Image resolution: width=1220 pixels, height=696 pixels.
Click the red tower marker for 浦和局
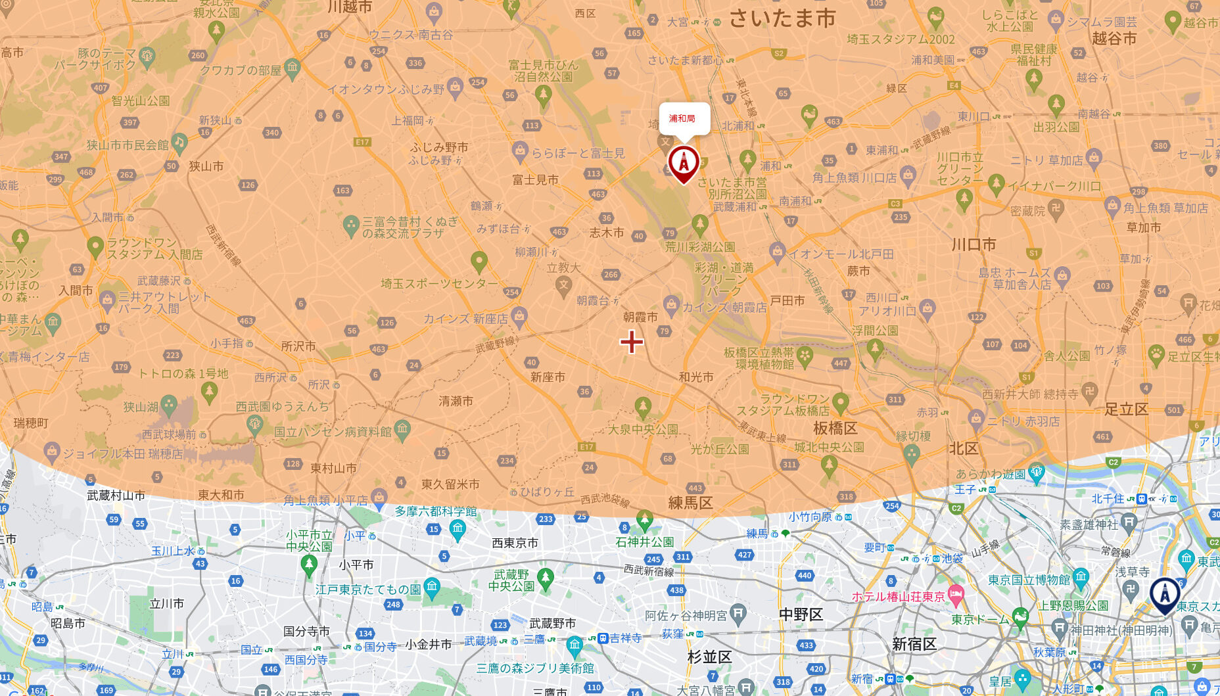(x=684, y=162)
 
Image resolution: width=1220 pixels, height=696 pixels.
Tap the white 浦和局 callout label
(x=684, y=118)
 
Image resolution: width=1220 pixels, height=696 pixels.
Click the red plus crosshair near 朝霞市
(x=632, y=341)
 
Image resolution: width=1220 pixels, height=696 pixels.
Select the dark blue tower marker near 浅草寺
(x=1165, y=595)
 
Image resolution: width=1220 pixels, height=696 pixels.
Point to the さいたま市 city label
(x=782, y=18)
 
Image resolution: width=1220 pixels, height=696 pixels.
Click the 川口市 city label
(x=974, y=244)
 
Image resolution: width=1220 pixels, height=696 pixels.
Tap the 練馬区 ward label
(x=690, y=503)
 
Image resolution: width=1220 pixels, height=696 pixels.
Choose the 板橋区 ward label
(x=835, y=429)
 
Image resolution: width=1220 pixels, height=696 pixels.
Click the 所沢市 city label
(x=298, y=346)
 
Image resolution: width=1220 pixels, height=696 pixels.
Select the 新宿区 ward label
(x=914, y=644)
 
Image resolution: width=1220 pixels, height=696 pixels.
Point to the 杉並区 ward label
(x=709, y=657)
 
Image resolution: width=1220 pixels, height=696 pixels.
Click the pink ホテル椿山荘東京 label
(x=898, y=597)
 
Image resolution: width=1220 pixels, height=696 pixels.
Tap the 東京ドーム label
(x=979, y=619)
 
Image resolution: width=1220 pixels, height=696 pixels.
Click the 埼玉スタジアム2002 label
(x=901, y=39)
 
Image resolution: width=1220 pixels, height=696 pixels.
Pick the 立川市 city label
(x=167, y=603)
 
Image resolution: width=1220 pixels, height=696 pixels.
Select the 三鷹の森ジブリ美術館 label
(x=535, y=668)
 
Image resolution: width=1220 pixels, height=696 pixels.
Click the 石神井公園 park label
(x=644, y=542)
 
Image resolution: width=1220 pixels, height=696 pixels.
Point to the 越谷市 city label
(x=1114, y=38)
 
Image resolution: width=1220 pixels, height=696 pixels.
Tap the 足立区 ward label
(x=1126, y=409)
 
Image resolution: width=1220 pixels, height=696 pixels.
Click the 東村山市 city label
(x=333, y=468)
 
